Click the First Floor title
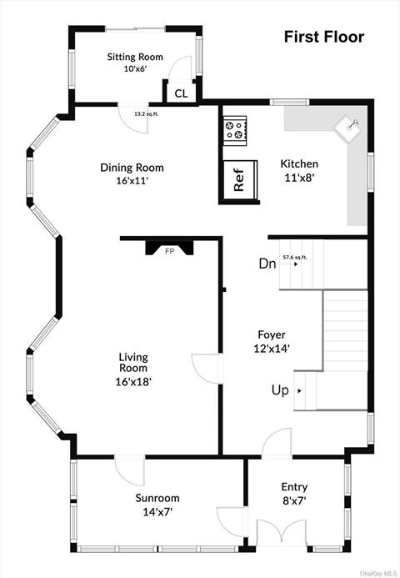(324, 37)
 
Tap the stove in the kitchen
(235, 130)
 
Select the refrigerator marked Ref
(239, 180)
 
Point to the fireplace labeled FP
(169, 248)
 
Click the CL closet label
(181, 93)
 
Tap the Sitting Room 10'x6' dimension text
(135, 69)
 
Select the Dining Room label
(132, 168)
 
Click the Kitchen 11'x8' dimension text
(299, 178)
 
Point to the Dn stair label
(267, 264)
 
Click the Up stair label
(280, 390)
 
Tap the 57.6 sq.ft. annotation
(295, 257)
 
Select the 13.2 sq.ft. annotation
(146, 114)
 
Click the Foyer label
(272, 334)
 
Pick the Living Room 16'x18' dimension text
(133, 381)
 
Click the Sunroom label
(157, 498)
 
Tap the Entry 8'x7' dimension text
(294, 501)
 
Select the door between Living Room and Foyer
(207, 369)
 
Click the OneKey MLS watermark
(378, 574)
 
